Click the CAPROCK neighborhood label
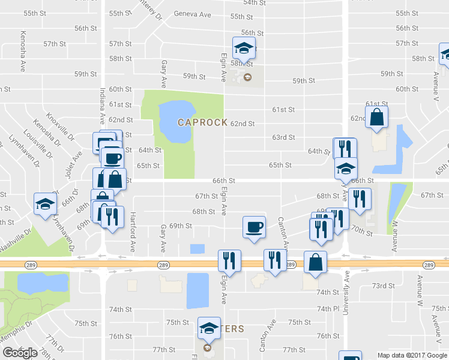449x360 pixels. click(x=202, y=122)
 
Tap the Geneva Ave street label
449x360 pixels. click(x=193, y=14)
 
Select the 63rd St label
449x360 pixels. click(x=283, y=137)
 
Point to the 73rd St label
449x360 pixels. click(x=382, y=286)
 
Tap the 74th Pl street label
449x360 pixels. click(x=328, y=308)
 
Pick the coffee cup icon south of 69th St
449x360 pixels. click(x=254, y=227)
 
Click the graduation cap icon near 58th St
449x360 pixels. click(x=244, y=47)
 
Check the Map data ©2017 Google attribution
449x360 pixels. click(x=412, y=355)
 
